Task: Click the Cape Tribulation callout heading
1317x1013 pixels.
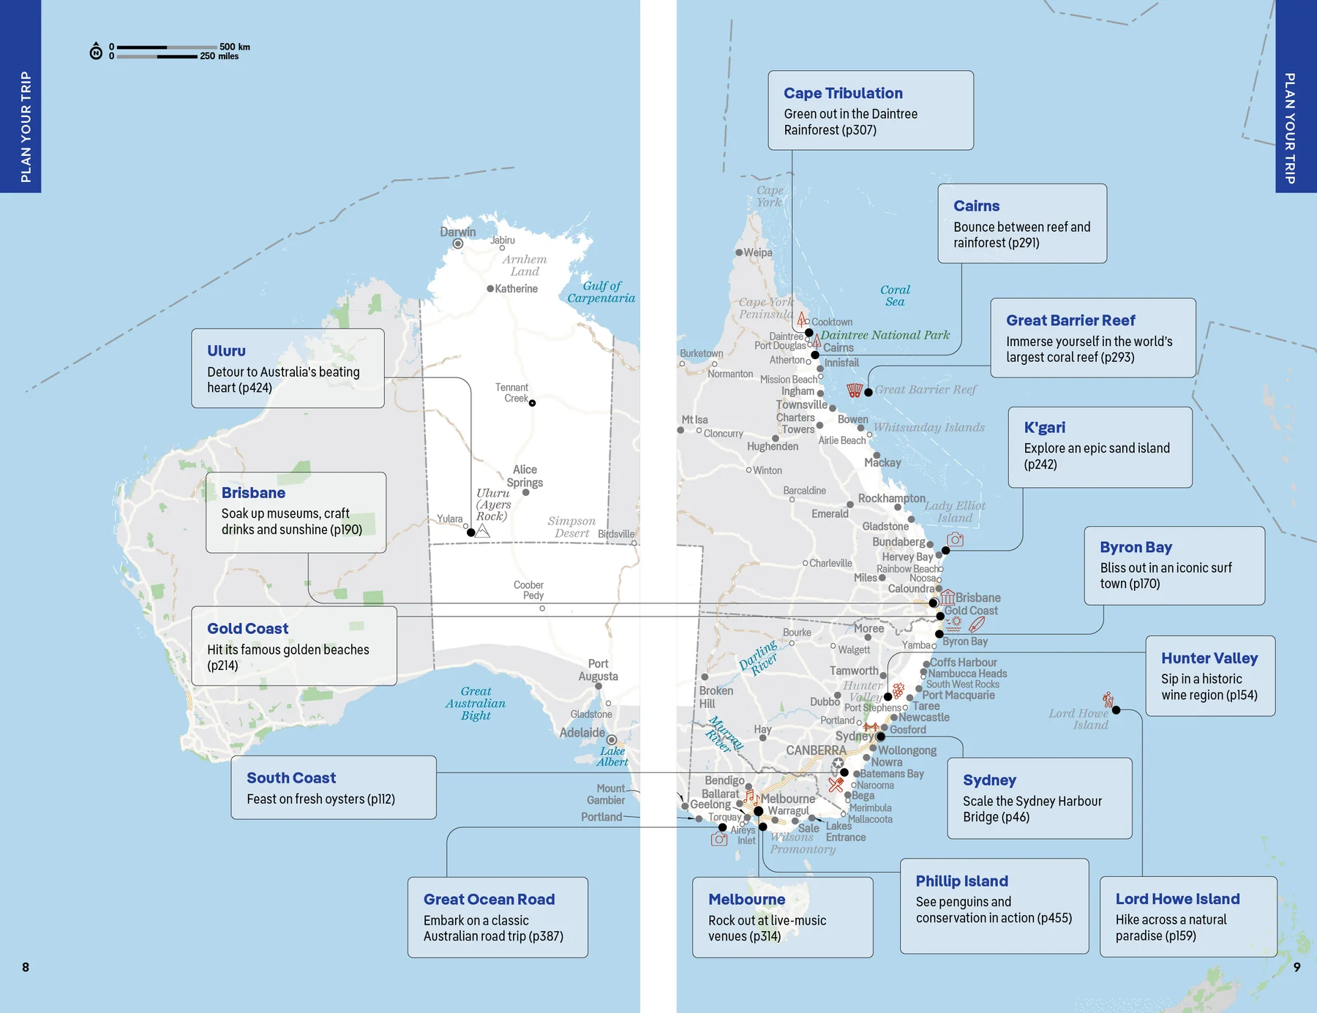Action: [x=843, y=93]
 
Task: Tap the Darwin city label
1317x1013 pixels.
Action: [x=457, y=232]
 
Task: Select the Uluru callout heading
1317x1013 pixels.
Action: [x=226, y=350]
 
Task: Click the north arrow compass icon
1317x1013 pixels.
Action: [x=96, y=52]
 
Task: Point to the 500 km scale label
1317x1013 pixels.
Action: [x=234, y=47]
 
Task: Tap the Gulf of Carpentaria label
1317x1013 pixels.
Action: [x=601, y=292]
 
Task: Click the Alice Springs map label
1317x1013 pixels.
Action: [x=525, y=475]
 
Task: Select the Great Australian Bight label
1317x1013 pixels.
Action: [x=476, y=703]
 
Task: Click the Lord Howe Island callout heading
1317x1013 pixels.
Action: [x=1177, y=898]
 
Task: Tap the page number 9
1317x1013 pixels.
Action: [x=1297, y=967]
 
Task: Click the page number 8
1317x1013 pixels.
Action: [x=26, y=967]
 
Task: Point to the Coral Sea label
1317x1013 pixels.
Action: [x=895, y=295]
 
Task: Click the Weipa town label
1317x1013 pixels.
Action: [x=757, y=252]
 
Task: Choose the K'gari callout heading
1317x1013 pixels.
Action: [x=1044, y=427]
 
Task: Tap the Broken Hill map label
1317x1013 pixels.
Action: [x=716, y=696]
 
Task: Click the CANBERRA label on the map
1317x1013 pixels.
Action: [x=816, y=750]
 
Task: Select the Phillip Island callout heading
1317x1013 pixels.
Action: [x=961, y=881]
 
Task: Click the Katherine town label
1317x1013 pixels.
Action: [x=516, y=289]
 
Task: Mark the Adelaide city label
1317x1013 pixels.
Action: [x=582, y=732]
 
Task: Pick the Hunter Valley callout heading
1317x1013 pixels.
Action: [x=1209, y=658]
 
